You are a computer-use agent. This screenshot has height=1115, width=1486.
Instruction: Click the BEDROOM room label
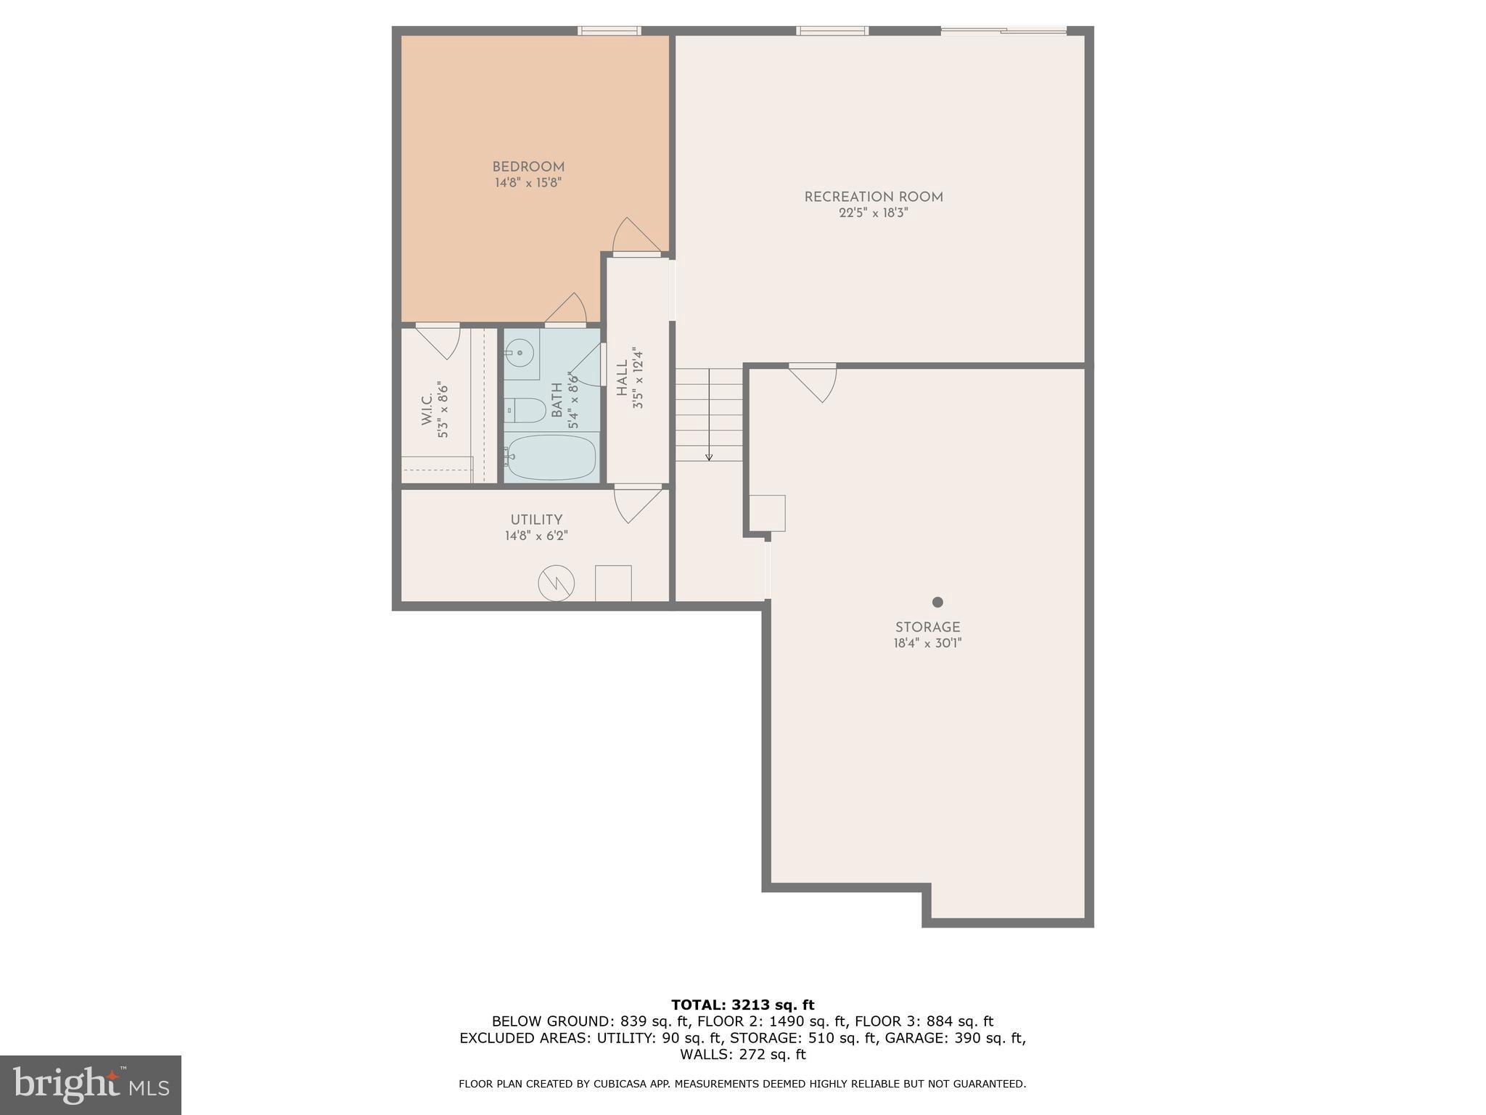click(x=528, y=167)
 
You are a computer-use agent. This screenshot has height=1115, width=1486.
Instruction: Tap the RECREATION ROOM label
click(x=874, y=197)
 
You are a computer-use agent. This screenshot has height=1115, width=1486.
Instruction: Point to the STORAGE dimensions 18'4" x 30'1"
click(x=927, y=643)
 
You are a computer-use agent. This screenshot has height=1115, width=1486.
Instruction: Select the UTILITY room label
click(x=536, y=520)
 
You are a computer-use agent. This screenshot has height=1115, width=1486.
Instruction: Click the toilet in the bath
click(x=527, y=410)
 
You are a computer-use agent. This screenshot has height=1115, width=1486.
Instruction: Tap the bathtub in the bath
click(x=551, y=457)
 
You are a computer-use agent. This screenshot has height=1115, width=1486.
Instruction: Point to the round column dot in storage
click(x=937, y=602)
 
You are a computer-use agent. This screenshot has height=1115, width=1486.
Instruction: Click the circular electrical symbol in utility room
click(x=557, y=583)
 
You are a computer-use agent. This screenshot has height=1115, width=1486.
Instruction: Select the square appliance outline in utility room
click(x=613, y=583)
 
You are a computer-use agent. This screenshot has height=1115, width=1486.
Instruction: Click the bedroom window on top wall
click(x=609, y=30)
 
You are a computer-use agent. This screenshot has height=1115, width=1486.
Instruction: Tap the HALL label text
click(x=623, y=378)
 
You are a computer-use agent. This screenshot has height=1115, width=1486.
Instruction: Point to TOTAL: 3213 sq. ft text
click(x=742, y=1005)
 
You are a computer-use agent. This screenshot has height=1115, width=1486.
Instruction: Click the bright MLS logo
click(x=91, y=1085)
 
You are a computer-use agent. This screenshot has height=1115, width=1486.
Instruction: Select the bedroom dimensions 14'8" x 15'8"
click(x=528, y=183)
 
